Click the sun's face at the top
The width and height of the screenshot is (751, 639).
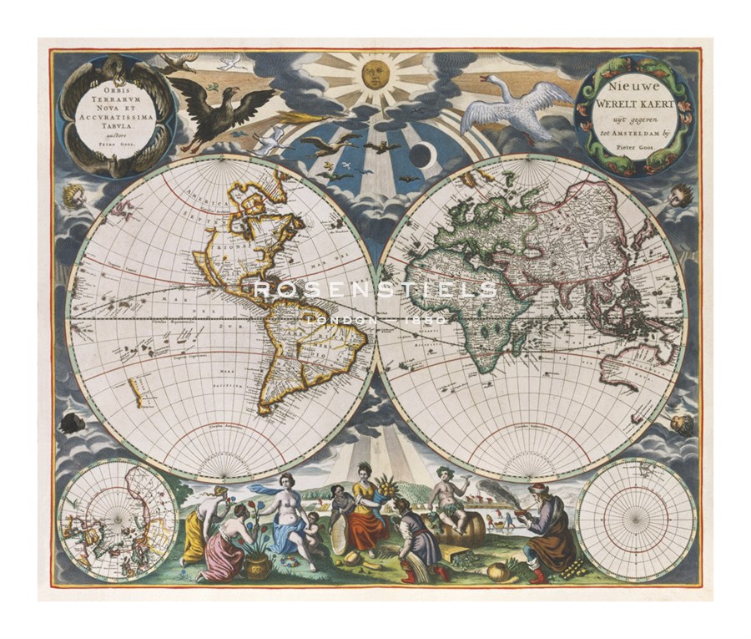[x=375, y=77]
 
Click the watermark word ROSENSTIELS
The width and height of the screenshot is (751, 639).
[x=375, y=290]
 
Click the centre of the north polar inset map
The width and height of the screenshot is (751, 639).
[x=118, y=520]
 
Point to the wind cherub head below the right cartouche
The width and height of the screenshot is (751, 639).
[x=680, y=195]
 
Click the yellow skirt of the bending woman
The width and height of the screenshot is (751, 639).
[x=193, y=537]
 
